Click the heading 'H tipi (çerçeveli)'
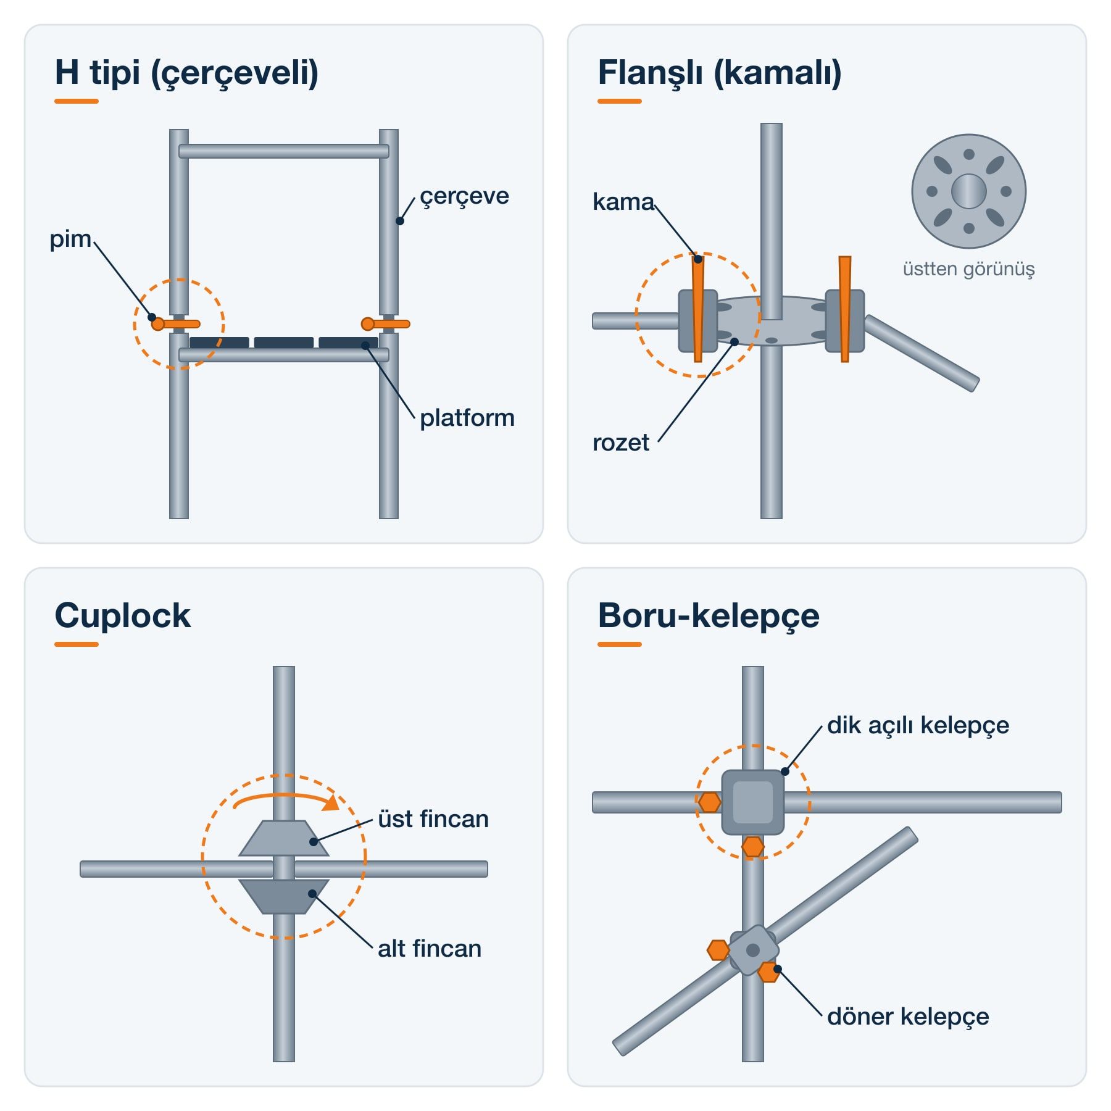coord(186,73)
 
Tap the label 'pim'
coord(70,239)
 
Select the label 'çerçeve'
coord(464,197)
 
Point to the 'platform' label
coord(467,418)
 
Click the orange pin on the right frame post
coord(386,324)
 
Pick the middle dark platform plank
coord(284,343)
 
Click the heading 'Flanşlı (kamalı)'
coord(720,73)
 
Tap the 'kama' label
coord(623,202)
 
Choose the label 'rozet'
coord(620,443)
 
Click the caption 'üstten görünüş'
coord(968,269)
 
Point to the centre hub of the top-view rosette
coord(969,191)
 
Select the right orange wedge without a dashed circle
coord(845,309)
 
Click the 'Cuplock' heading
coord(122,615)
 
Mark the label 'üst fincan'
coord(433,819)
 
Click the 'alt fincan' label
coord(430,949)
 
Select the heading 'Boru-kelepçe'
coord(709,616)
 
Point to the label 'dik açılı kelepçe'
coord(918,726)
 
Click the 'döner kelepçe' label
coord(908,1017)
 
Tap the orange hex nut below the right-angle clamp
coord(753,847)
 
